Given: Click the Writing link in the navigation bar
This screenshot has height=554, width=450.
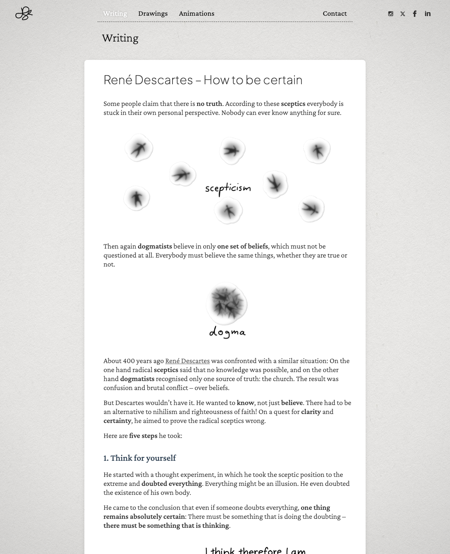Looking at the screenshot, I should coord(115,13).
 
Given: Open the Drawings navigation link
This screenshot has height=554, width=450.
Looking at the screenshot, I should coord(153,13).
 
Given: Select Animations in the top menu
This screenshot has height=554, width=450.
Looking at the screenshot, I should coord(196,13).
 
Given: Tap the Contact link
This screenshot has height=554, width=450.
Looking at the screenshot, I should coord(334,13).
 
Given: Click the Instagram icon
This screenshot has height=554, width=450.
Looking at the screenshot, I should coord(391,14).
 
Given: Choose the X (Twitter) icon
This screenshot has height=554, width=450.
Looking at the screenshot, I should coord(403,14).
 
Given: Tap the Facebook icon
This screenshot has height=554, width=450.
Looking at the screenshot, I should coord(415,14).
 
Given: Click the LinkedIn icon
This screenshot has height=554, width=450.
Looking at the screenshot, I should coord(427,14).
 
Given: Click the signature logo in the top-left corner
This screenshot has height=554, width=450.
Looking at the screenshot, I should coord(24,13).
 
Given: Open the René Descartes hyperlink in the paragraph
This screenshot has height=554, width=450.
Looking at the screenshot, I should coord(187,361).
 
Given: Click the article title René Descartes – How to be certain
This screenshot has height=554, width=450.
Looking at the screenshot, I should coord(203,80).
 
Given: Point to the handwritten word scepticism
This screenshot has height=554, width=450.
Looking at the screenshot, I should coord(228,188).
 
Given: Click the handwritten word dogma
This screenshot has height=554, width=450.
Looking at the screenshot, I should coord(227,332).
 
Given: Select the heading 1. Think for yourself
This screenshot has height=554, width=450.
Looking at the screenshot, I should coord(139,458).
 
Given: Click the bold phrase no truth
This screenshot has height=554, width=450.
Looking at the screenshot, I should coord(209,104).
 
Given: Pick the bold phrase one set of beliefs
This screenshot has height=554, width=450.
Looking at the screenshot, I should coord(242,246).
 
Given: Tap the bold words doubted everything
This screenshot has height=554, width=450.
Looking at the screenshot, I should coord(171,484).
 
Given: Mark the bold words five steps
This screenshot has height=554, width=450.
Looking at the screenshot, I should coord(143,436).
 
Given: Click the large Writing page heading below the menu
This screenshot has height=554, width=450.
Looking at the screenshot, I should coord(120,38).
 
